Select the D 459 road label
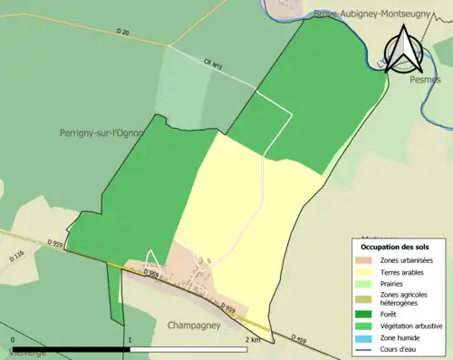coord(299,340)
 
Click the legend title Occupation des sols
coord(397,247)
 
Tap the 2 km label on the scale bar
coord(253,339)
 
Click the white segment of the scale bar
coord(189,349)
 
